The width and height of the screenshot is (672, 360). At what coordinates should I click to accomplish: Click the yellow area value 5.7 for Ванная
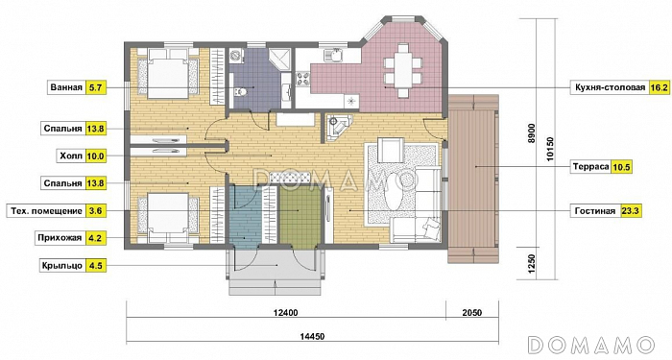95,88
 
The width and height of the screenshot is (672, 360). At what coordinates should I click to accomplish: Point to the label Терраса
590,167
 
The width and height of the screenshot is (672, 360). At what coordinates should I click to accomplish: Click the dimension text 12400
285,312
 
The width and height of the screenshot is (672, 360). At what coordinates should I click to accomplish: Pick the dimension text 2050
472,312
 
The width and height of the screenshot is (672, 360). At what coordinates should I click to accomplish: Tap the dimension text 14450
312,336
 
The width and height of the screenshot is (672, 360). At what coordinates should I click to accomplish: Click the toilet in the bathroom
241,92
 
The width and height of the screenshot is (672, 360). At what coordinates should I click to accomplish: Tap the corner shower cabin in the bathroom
279,59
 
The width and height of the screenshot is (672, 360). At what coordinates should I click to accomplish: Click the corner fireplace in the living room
339,128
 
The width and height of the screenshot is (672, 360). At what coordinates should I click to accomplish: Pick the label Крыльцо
61,265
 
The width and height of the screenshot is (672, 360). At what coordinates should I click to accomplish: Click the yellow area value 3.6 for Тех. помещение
96,211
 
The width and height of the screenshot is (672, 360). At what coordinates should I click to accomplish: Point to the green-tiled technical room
300,217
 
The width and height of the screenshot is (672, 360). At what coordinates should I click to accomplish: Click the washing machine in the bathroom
235,56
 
